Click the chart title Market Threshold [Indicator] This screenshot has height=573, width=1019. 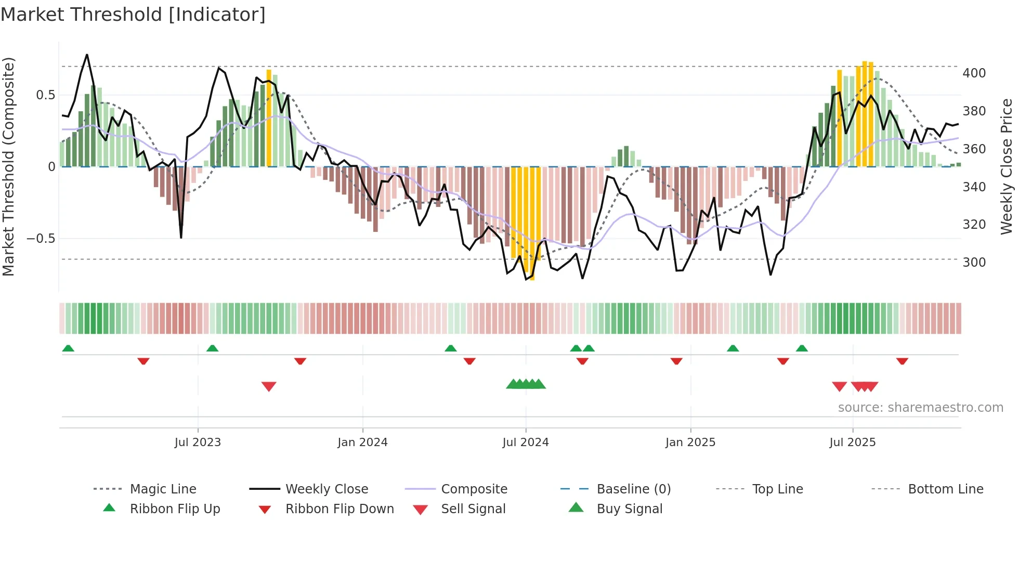pyautogui.click(x=133, y=15)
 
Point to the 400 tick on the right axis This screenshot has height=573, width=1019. pyautogui.click(x=974, y=73)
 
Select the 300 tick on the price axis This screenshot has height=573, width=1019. pyautogui.click(x=974, y=263)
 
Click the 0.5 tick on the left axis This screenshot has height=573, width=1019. pyautogui.click(x=45, y=95)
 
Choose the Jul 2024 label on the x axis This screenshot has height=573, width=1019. pyautogui.click(x=525, y=442)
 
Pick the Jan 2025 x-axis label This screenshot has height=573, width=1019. pyautogui.click(x=690, y=442)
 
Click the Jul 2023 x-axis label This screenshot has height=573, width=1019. pyautogui.click(x=198, y=442)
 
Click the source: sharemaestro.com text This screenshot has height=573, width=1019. pyautogui.click(x=920, y=408)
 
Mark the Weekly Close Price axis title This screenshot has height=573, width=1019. pyautogui.click(x=1007, y=166)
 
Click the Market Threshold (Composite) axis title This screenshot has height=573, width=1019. pyautogui.click(x=8, y=166)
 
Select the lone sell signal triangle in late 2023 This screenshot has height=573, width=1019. pyautogui.click(x=269, y=386)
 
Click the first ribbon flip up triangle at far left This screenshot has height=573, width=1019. pyautogui.click(x=68, y=348)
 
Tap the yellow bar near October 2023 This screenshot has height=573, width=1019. pyautogui.click(x=269, y=118)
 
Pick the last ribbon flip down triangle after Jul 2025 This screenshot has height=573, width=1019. pyautogui.click(x=902, y=361)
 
